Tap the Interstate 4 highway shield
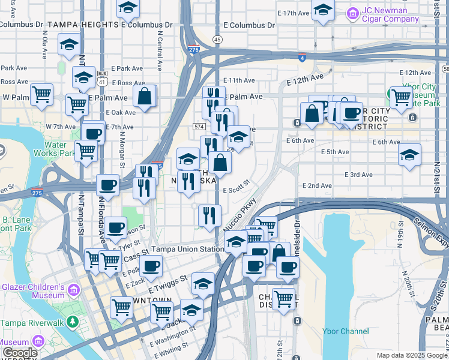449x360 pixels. click(x=302, y=58)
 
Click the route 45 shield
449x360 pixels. click(x=217, y=39)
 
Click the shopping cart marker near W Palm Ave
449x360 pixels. click(x=41, y=94)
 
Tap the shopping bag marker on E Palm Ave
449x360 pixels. click(x=145, y=96)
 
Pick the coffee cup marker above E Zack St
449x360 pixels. click(x=151, y=265)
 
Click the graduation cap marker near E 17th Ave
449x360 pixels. click(x=323, y=10)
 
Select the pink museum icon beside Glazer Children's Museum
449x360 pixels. click(x=73, y=291)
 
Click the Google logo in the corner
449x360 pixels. click(x=20, y=353)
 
